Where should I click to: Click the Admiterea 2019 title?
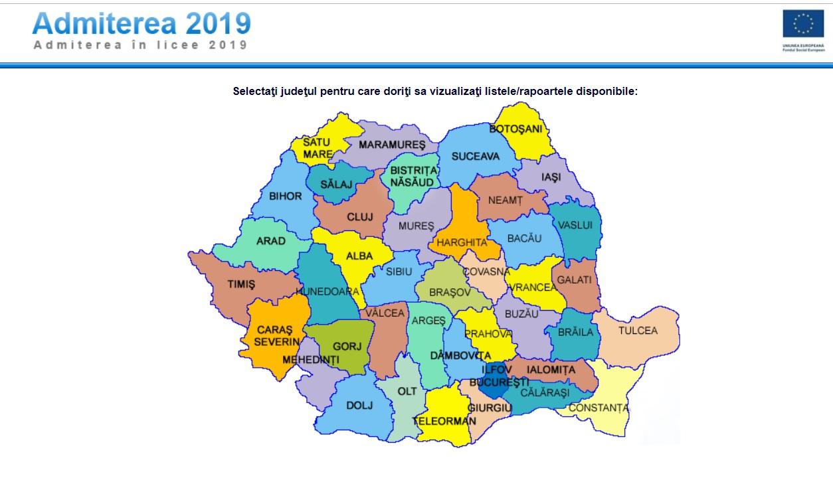coord(141,23)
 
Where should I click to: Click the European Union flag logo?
coord(803,24)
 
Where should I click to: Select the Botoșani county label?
coord(516,129)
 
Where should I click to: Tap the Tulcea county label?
coord(638,331)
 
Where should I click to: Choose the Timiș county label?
coord(241,283)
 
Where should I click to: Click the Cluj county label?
coord(360,217)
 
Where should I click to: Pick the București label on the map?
coord(499,383)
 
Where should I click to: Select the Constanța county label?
coord(599,408)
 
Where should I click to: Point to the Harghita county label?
coord(462,243)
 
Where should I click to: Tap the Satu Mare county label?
coord(317,148)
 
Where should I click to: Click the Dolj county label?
coord(359,405)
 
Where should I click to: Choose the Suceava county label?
coord(475,157)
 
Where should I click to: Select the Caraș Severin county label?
coord(275,336)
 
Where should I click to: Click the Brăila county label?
coord(575,332)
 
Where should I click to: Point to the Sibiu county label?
coord(399,272)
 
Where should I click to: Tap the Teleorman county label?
coord(444,421)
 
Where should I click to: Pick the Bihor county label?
coord(286,197)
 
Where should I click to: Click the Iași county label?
coord(551,177)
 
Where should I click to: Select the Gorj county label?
coord(347,347)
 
